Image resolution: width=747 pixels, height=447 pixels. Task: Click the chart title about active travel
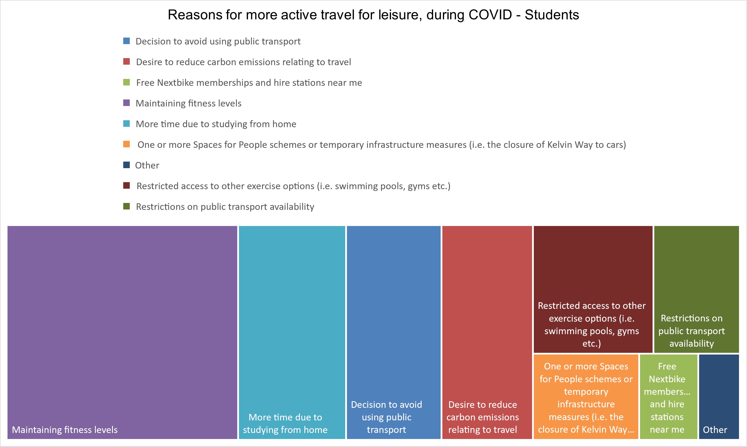point(373,15)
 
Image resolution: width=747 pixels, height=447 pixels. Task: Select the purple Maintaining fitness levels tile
point(122,332)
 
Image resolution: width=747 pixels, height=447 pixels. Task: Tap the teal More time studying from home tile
point(292,332)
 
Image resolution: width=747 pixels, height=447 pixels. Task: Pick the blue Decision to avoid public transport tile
point(394,332)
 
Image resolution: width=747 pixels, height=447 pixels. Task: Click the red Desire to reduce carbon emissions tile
point(487,332)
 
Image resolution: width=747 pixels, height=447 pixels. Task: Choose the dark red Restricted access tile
point(593,289)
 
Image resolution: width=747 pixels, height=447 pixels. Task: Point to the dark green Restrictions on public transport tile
point(696,289)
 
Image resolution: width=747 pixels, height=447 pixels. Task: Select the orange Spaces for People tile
point(586,396)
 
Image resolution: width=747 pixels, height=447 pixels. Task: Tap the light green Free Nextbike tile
point(668,396)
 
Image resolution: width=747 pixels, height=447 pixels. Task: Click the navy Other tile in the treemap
point(719,396)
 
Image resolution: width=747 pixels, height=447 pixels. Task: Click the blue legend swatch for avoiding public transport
point(127,41)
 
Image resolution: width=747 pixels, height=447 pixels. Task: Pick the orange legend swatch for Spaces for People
point(127,144)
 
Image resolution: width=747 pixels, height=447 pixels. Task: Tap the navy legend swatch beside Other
point(127,165)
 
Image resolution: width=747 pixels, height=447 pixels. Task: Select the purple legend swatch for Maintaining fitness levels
point(127,103)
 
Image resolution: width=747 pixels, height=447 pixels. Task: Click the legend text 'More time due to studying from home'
point(216,124)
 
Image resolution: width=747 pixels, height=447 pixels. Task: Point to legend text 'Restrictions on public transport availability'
point(225,207)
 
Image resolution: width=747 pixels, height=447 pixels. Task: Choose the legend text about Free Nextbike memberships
point(249,82)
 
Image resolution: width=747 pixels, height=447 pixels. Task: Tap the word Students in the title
point(552,15)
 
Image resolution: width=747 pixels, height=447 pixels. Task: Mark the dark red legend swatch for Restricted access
point(127,186)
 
